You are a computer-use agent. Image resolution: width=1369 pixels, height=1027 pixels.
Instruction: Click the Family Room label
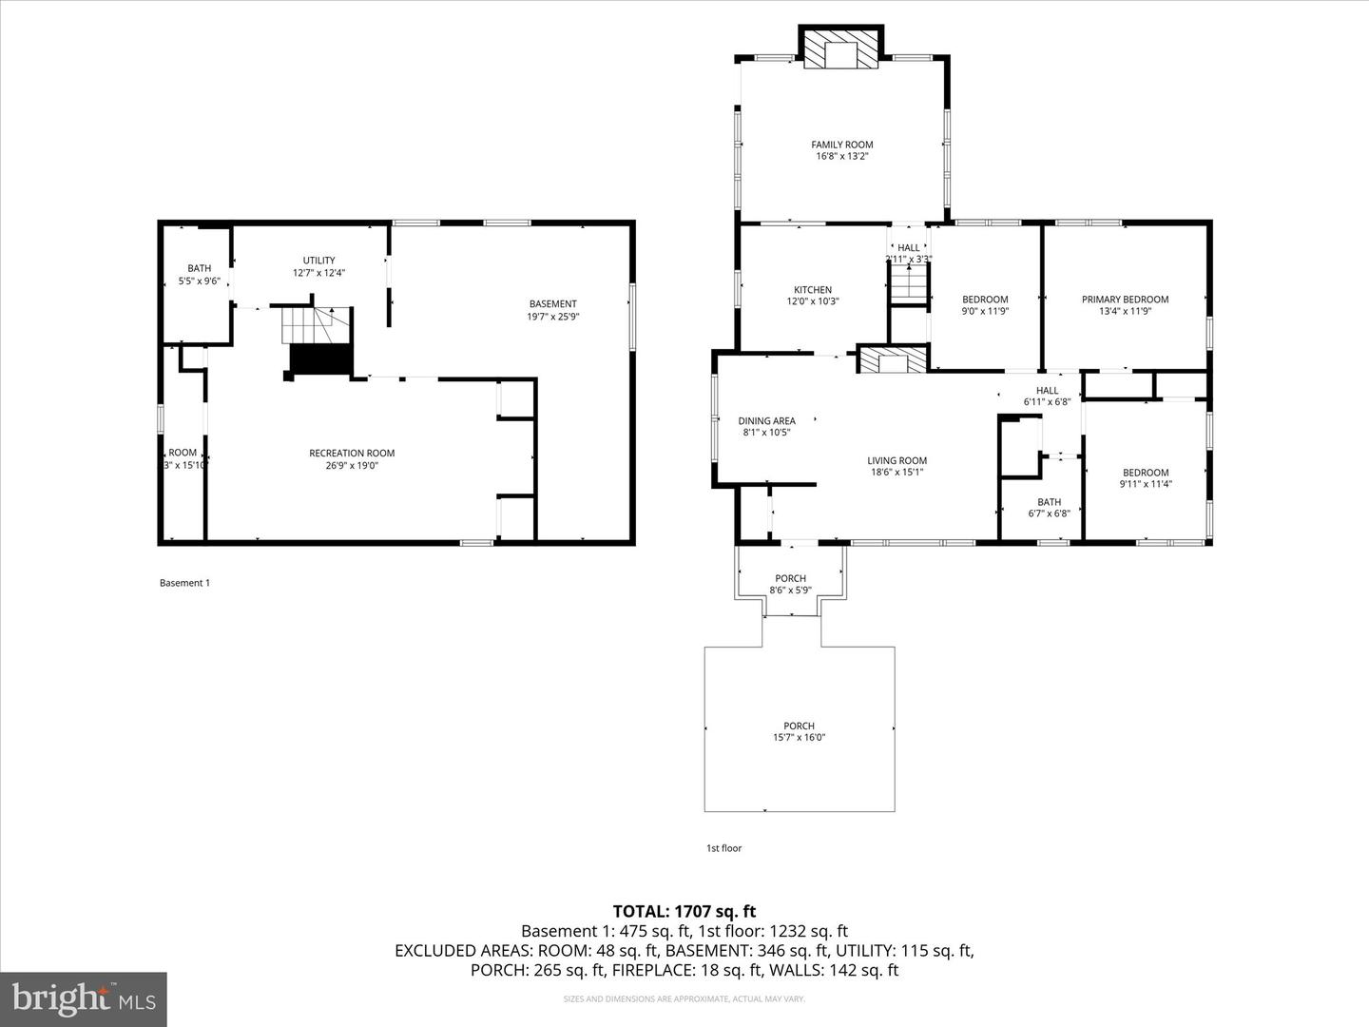click(x=841, y=145)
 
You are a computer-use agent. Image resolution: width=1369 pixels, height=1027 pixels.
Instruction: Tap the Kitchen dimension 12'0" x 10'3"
click(x=813, y=301)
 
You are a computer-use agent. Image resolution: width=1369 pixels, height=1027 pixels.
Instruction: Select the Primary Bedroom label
click(x=1125, y=300)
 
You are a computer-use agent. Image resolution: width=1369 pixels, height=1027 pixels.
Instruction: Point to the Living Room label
click(x=897, y=461)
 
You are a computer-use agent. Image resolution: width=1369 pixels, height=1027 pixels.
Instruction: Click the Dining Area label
click(x=766, y=421)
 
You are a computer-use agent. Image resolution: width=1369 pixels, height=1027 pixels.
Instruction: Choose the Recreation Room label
click(x=352, y=454)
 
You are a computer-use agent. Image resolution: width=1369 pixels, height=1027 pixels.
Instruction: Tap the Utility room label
click(x=318, y=261)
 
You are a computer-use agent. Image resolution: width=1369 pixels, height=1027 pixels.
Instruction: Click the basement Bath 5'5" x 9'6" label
click(x=199, y=269)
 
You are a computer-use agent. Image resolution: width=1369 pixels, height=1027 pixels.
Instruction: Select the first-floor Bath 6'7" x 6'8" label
click(x=1049, y=503)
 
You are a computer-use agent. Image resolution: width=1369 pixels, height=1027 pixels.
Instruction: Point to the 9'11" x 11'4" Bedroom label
click(x=1146, y=473)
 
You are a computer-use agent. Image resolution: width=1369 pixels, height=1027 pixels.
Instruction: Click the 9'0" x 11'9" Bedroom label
click(x=985, y=300)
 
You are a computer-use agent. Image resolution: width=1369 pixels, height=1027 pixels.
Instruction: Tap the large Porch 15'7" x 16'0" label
click(x=799, y=727)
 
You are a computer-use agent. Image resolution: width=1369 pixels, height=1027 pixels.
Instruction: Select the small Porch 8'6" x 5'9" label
click(x=790, y=578)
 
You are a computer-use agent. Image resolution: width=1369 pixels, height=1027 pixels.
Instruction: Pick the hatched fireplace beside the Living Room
click(x=892, y=360)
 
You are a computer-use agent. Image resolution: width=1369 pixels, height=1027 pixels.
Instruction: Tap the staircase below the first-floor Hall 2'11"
click(x=909, y=283)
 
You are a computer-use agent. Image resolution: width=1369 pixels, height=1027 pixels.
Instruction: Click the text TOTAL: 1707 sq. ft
click(x=684, y=911)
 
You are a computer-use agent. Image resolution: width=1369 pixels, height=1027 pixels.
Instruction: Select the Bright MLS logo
click(x=83, y=998)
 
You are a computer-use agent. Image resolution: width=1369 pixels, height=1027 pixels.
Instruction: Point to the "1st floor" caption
click(x=723, y=848)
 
